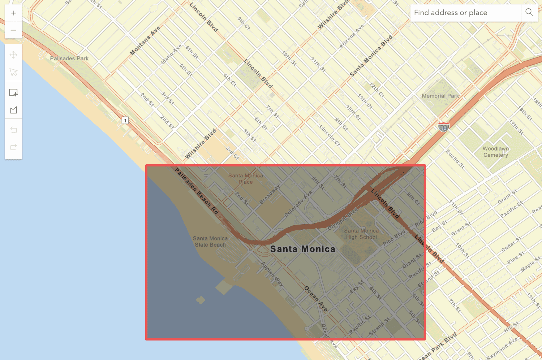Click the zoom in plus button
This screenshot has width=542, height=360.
pyautogui.click(x=14, y=13)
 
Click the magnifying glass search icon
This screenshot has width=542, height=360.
pyautogui.click(x=529, y=13)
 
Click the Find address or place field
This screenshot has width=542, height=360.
pyautogui.click(x=465, y=13)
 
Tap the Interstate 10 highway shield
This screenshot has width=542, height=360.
pyautogui.click(x=444, y=127)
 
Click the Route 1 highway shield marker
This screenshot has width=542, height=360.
pyautogui.click(x=125, y=121)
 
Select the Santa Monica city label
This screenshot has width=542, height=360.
pyautogui.click(x=303, y=249)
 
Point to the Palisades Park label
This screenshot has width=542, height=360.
pyautogui.click(x=69, y=58)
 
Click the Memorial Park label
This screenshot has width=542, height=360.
pyautogui.click(x=440, y=96)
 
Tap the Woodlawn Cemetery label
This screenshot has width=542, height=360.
pyautogui.click(x=496, y=152)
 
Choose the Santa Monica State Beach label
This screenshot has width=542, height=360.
pyautogui.click(x=210, y=242)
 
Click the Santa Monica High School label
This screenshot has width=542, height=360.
pyautogui.click(x=361, y=234)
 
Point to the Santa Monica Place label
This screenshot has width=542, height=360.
pyautogui.click(x=246, y=179)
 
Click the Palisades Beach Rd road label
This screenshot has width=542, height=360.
pyautogui.click(x=197, y=191)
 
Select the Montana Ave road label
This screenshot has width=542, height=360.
pyautogui.click(x=145, y=41)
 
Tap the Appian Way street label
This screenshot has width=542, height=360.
pyautogui.click(x=272, y=274)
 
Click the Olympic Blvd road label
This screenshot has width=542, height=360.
pyautogui.click(x=343, y=219)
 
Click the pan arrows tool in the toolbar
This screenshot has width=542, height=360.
pyautogui.click(x=14, y=55)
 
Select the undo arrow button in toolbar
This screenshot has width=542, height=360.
pyautogui.click(x=14, y=130)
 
